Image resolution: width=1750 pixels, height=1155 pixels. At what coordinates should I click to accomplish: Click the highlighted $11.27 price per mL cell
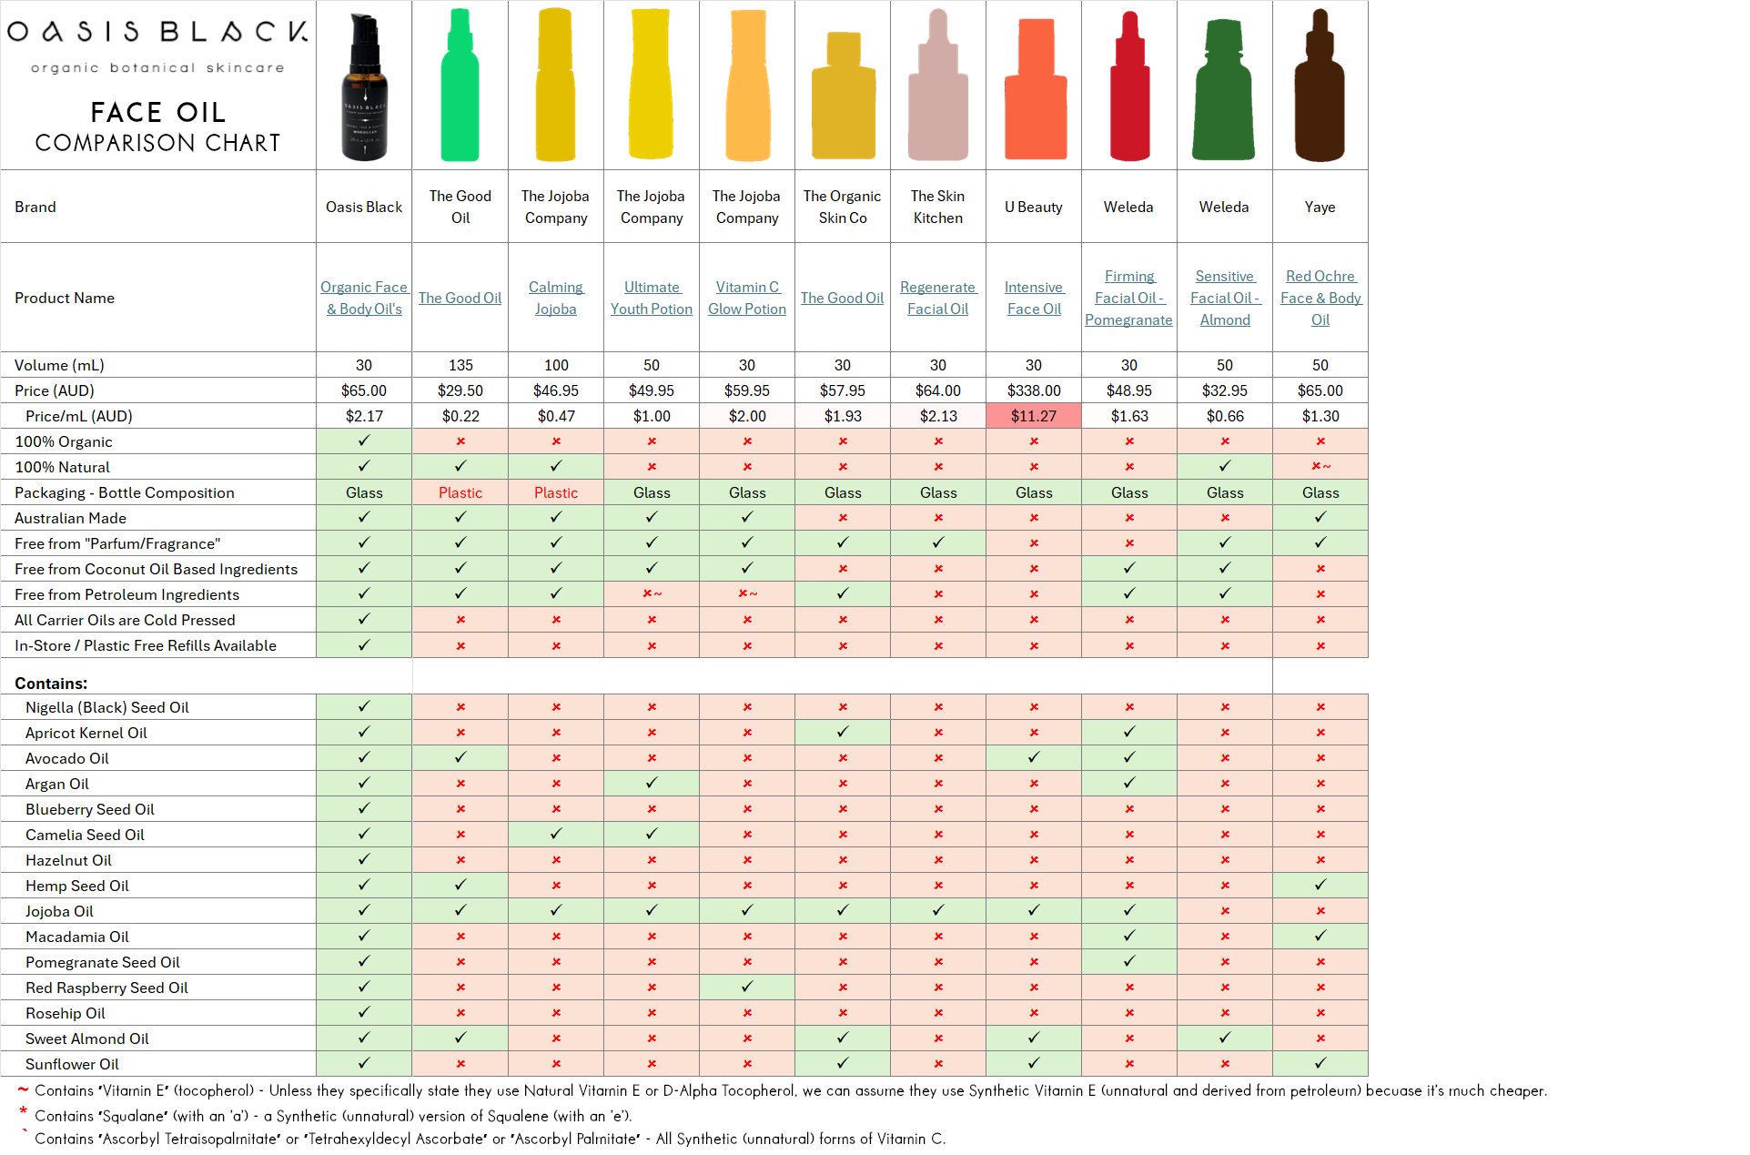click(x=1034, y=416)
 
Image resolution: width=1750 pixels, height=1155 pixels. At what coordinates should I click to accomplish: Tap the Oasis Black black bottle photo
click(x=364, y=86)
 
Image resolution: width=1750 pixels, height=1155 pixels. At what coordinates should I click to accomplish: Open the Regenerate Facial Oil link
click(x=938, y=298)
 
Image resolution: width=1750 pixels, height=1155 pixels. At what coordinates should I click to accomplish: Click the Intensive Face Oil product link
click(x=1034, y=298)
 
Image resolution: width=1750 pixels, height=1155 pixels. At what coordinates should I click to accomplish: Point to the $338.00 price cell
click(x=1034, y=390)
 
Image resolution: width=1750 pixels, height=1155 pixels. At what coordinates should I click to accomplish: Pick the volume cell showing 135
click(x=460, y=365)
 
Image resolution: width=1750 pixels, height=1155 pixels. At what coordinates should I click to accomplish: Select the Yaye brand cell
click(x=1320, y=207)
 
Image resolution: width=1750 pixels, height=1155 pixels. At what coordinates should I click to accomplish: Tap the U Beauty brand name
click(x=1034, y=207)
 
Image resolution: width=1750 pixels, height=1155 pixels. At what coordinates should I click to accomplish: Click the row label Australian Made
click(x=70, y=518)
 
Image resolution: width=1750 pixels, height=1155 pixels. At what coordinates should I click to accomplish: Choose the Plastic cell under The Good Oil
click(x=460, y=492)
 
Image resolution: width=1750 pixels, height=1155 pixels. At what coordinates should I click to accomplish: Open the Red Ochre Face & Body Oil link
click(x=1320, y=298)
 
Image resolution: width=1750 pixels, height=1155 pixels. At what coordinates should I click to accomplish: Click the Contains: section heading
click(x=51, y=684)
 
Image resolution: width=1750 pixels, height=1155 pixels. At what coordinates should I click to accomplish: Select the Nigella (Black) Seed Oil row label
click(x=107, y=707)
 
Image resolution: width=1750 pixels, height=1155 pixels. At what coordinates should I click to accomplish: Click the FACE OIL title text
click(x=157, y=112)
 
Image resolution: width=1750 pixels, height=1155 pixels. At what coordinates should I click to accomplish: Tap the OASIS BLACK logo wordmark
click(x=157, y=32)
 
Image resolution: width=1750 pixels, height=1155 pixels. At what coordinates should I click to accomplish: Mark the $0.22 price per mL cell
click(x=460, y=416)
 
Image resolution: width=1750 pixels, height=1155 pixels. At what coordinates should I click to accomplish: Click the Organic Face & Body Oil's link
click(x=364, y=298)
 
